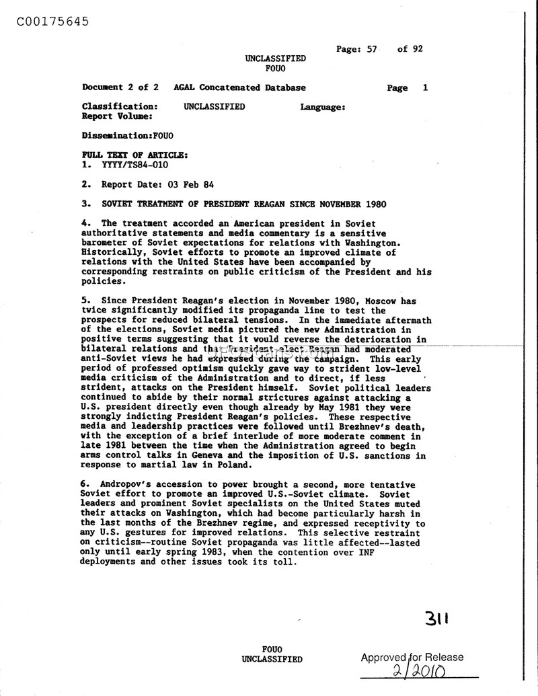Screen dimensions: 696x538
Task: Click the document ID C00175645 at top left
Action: click(x=45, y=21)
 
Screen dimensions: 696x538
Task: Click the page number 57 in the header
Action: click(x=371, y=49)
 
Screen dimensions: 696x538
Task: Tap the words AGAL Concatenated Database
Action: click(x=239, y=87)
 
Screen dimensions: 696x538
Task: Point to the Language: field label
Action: click(x=323, y=107)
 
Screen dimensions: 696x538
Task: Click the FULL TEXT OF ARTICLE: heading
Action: click(x=134, y=155)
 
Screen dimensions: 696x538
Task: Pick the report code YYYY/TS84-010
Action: click(x=134, y=165)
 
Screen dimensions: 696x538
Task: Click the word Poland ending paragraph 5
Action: click(x=234, y=465)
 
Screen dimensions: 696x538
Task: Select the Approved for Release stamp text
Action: click(x=412, y=658)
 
